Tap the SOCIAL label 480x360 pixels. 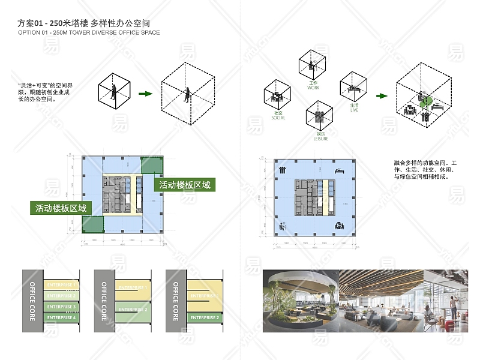pyautogui.click(x=278, y=118)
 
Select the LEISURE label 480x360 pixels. pyautogui.click(x=321, y=139)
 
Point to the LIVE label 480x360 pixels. pyautogui.click(x=354, y=110)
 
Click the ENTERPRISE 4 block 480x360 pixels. pyautogui.click(x=61, y=317)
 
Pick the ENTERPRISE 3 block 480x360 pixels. pyautogui.click(x=61, y=307)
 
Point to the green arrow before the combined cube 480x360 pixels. pyautogui.click(x=381, y=95)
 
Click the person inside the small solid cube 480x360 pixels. pyautogui.click(x=113, y=92)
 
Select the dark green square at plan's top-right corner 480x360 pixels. pyautogui.click(x=151, y=166)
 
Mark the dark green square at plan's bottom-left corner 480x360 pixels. pyautogui.click(x=92, y=224)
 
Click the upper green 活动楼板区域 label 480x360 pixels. pyautogui.click(x=184, y=185)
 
